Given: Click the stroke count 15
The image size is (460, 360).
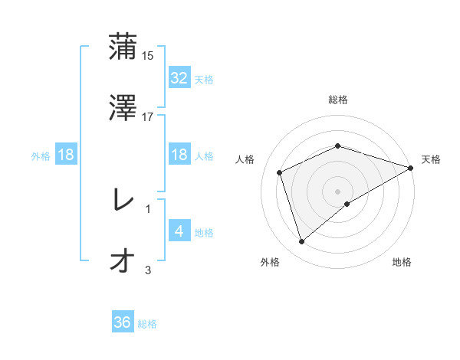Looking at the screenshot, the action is point(149,56).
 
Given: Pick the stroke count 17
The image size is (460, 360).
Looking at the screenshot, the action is point(148,116).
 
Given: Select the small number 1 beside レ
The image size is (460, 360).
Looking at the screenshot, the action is point(148,208).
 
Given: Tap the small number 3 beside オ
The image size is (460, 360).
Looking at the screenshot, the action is point(148,270).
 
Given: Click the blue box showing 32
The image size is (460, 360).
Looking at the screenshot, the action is point(179,78).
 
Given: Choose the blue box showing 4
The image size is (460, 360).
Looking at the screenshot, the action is point(179,231).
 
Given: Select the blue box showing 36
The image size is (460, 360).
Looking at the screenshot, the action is point(122,322).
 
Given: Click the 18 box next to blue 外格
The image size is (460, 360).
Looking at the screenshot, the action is point(66,155).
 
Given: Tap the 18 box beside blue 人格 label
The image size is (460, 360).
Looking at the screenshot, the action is point(179,155).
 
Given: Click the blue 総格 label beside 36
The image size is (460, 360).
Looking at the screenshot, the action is point(147,324).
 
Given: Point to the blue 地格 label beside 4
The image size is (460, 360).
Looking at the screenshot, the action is point(204,233).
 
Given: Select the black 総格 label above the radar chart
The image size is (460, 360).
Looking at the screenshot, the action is point(337,100).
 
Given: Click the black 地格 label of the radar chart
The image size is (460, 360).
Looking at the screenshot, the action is point(402,263).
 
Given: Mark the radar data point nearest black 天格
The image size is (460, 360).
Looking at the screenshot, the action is point(411,168).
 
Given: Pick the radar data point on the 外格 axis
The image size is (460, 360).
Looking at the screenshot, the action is point(301,242).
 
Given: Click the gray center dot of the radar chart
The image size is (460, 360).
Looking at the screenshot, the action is point(337,191).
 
